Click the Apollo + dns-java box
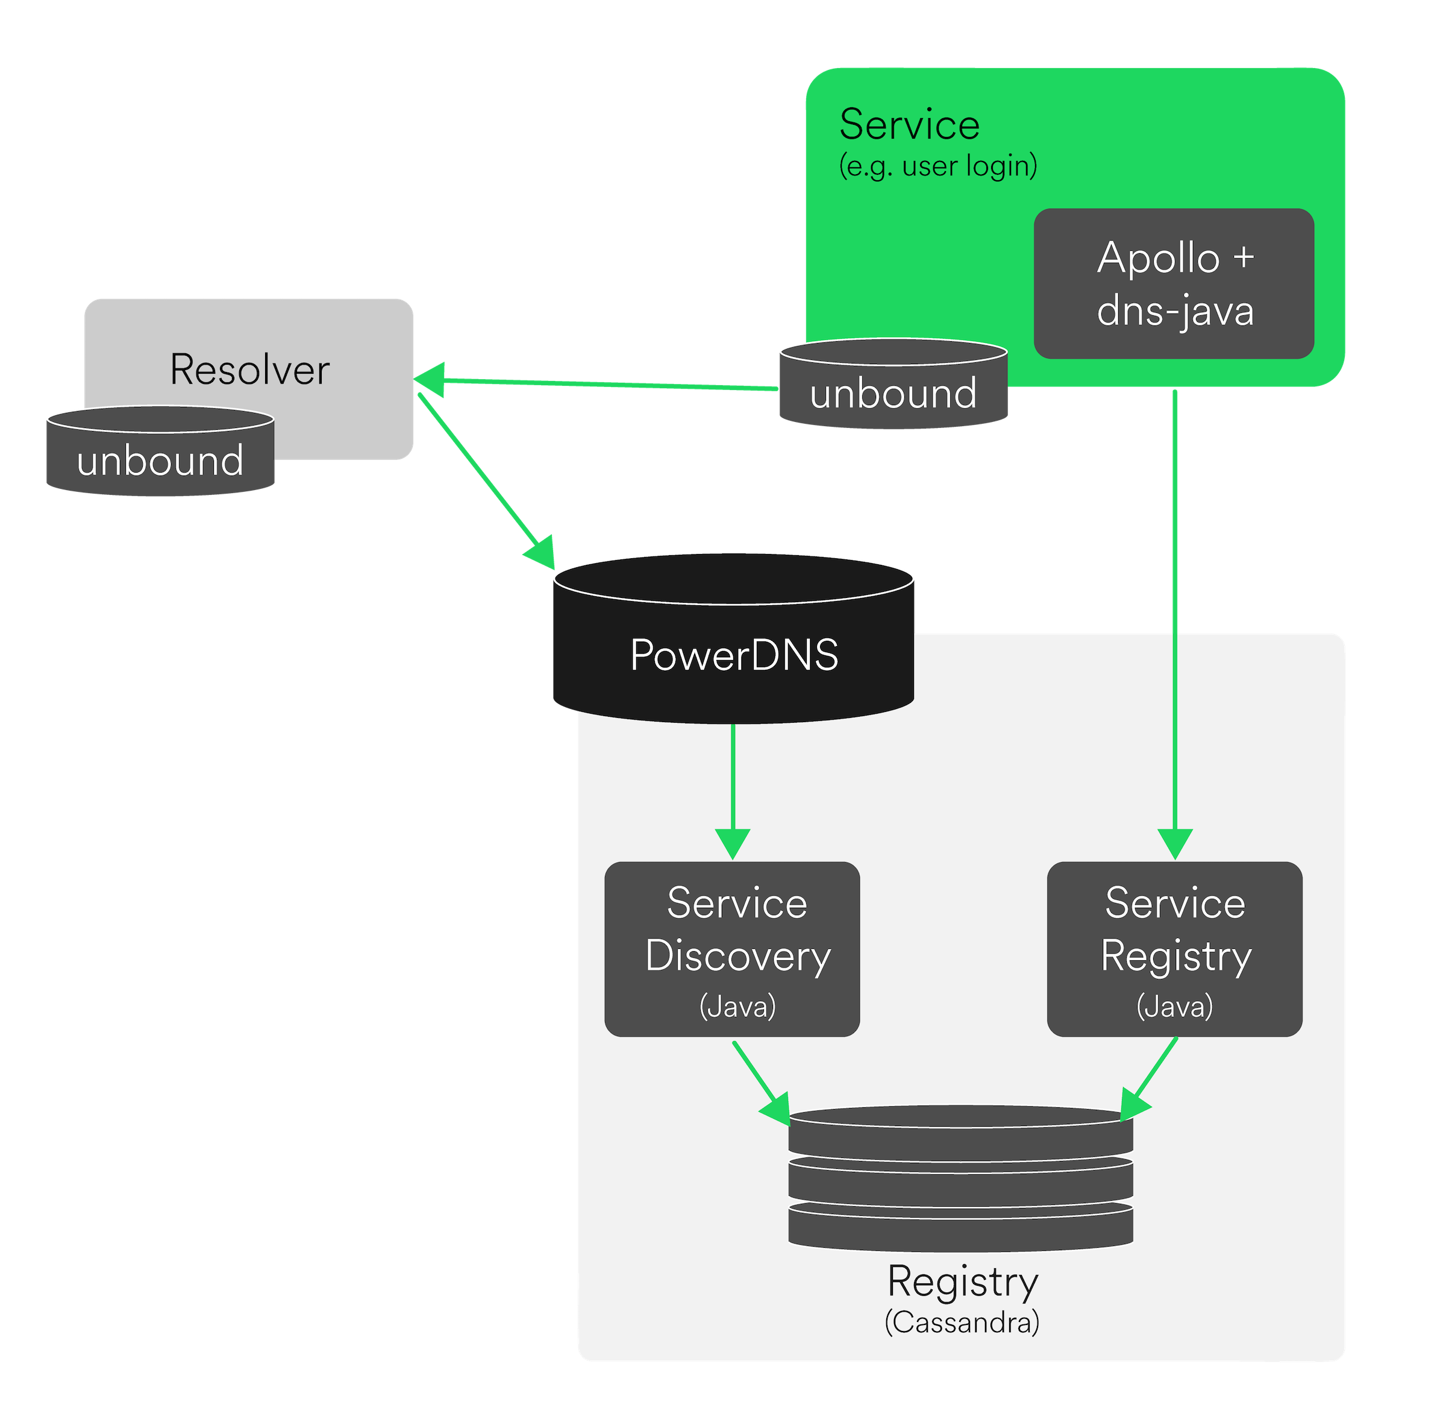pyautogui.click(x=1174, y=283)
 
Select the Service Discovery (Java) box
pyautogui.click(x=731, y=948)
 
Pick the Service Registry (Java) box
pyautogui.click(x=1174, y=948)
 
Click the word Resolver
pyautogui.click(x=249, y=370)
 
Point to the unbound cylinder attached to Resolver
pyautogui.click(x=160, y=453)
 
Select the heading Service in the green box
pyautogui.click(x=909, y=124)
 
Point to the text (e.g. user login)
pyautogui.click(x=937, y=166)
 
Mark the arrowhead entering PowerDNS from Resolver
pyautogui.click(x=540, y=552)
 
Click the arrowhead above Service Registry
pyautogui.click(x=1175, y=843)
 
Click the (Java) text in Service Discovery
pyautogui.click(x=737, y=1006)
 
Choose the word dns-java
pyautogui.click(x=1175, y=310)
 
